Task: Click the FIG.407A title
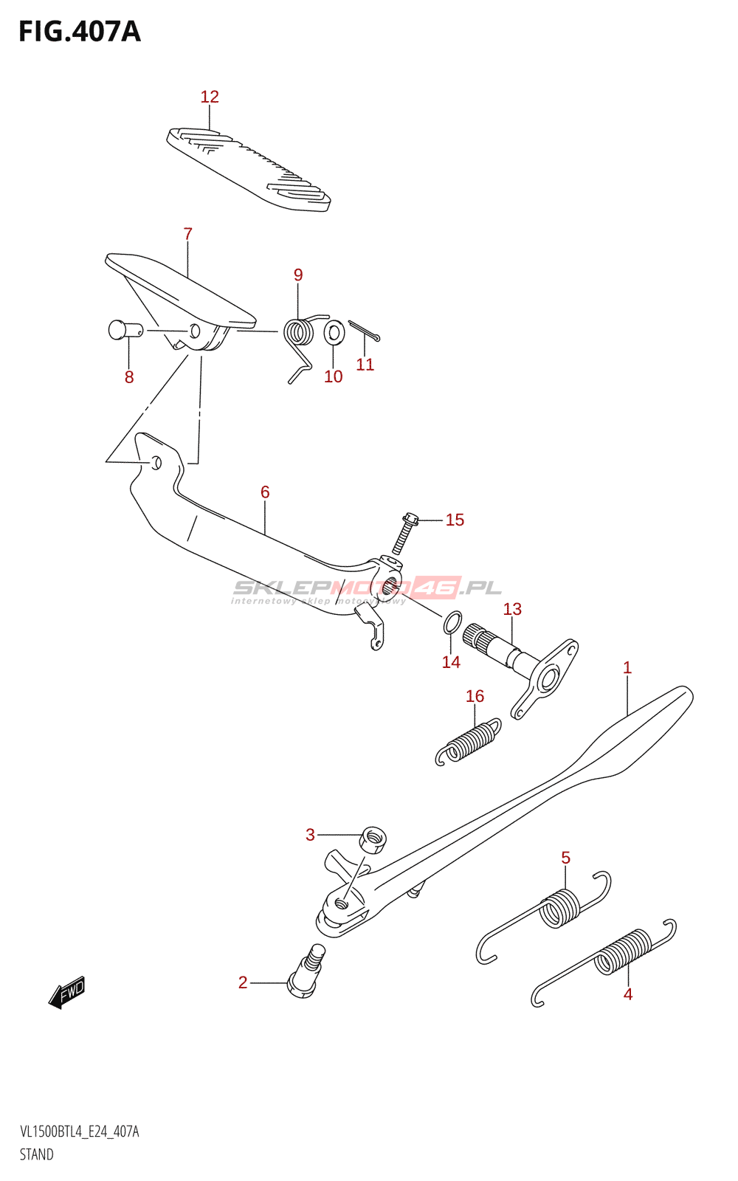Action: click(80, 32)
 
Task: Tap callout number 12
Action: click(210, 97)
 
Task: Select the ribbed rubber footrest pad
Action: click(249, 168)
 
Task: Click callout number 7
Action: click(188, 234)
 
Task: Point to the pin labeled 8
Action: click(119, 329)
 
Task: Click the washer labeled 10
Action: click(334, 333)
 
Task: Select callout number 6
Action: click(265, 492)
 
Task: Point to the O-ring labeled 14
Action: click(452, 622)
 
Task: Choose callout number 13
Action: click(512, 610)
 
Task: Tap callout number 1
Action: click(627, 668)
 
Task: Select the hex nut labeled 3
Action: click(373, 839)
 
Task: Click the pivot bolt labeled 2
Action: click(306, 972)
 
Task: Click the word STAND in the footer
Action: click(37, 1154)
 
